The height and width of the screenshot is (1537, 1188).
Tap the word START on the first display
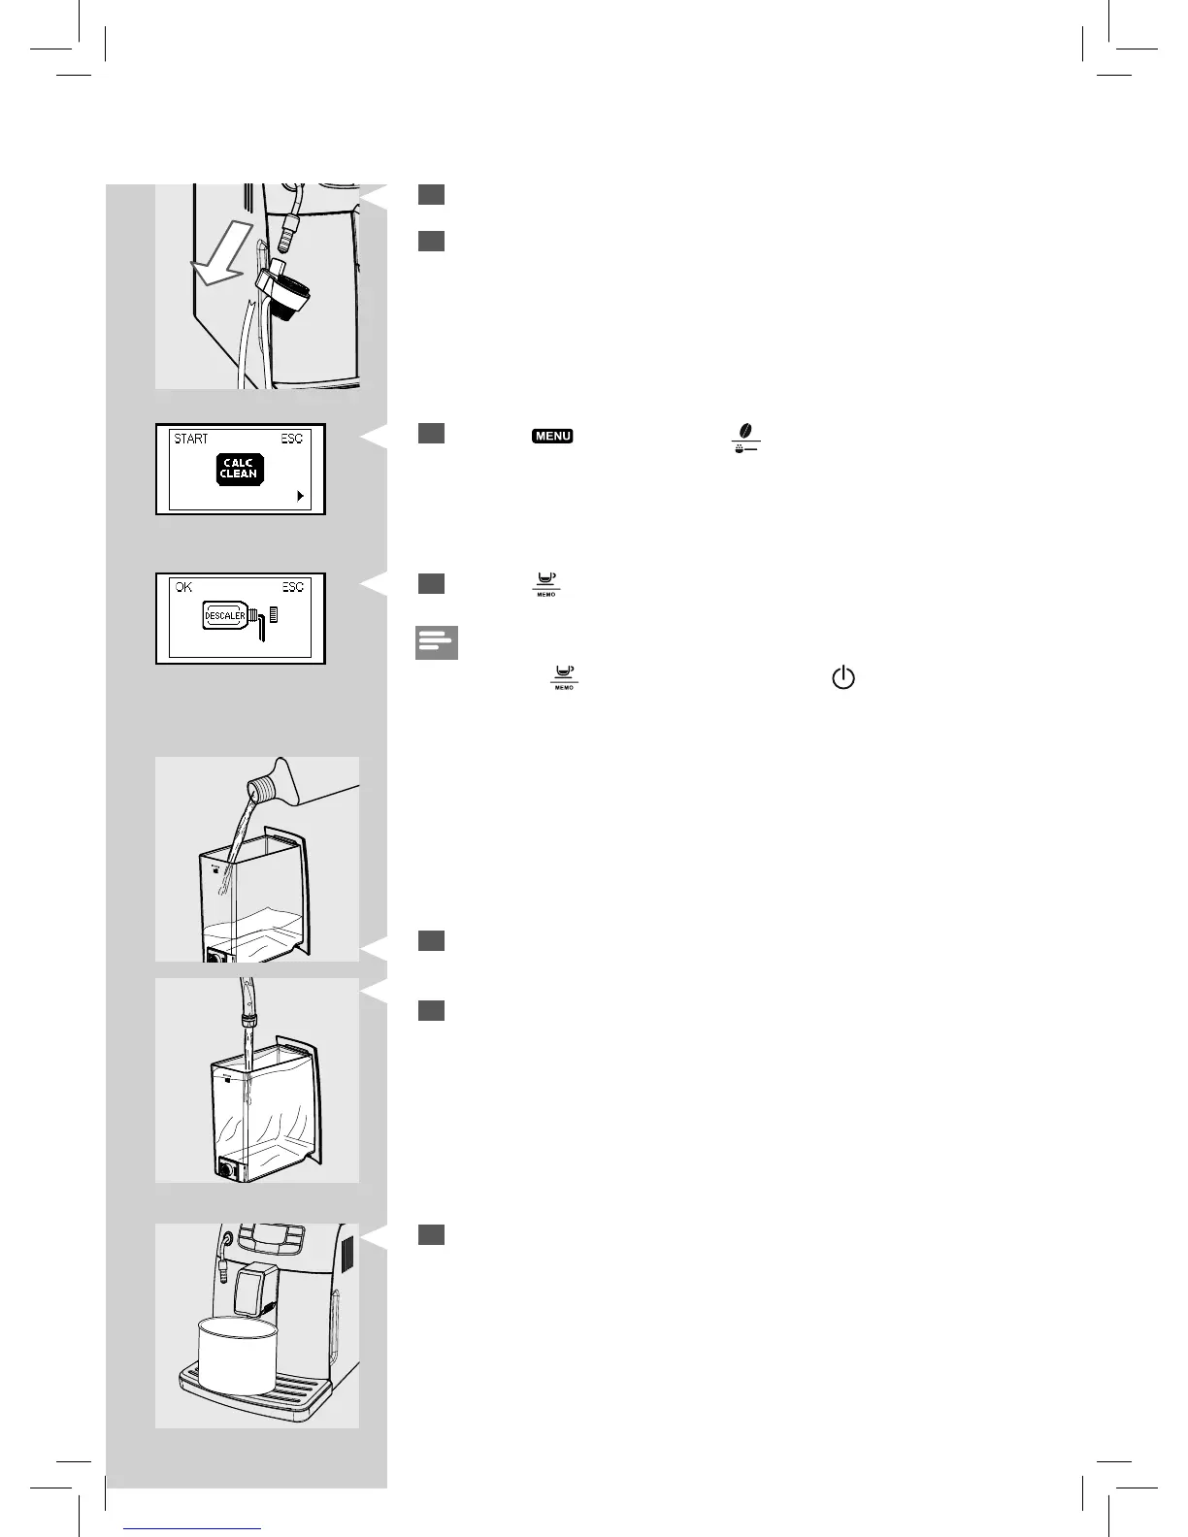(x=191, y=439)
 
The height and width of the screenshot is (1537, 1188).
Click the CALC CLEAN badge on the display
(x=239, y=469)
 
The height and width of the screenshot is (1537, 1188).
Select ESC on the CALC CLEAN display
(x=291, y=439)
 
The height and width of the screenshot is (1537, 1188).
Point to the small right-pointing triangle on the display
(x=301, y=496)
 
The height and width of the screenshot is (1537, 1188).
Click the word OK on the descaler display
(x=184, y=587)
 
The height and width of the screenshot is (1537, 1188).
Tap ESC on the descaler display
(x=292, y=587)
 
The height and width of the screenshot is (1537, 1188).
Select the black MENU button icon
(x=552, y=437)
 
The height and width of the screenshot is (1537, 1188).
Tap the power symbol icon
(x=842, y=678)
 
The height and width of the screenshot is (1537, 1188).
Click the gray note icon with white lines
(x=436, y=643)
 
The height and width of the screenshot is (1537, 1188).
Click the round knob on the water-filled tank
(x=227, y=1171)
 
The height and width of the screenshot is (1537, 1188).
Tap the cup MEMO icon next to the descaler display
(x=546, y=583)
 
